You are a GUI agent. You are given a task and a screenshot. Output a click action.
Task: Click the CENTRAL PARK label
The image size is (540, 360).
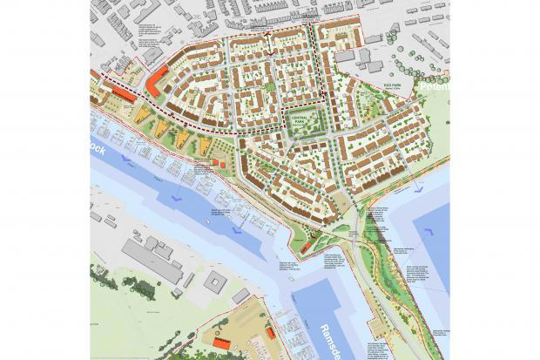(x=306, y=126)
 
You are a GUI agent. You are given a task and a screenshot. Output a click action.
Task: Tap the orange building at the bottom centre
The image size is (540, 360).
(x=221, y=343)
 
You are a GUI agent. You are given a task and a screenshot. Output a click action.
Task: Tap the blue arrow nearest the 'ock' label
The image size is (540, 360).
(x=127, y=162)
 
